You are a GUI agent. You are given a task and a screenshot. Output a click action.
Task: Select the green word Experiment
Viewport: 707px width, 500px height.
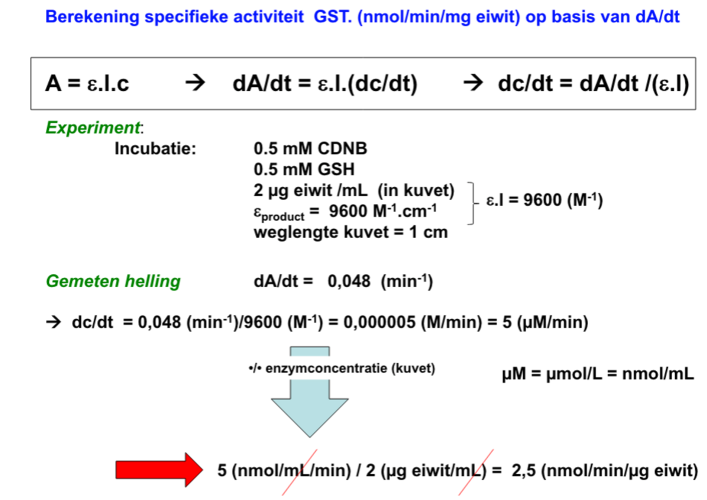pyautogui.click(x=94, y=127)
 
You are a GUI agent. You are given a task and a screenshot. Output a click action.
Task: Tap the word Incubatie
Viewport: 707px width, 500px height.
pyautogui.click(x=155, y=149)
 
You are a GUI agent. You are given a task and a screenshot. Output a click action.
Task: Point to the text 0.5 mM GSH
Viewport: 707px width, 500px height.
pyautogui.click(x=305, y=170)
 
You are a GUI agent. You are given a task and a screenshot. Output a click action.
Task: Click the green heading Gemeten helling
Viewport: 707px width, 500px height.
pyautogui.click(x=113, y=281)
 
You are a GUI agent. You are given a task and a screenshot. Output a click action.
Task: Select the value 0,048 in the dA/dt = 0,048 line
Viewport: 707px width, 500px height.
pyautogui.click(x=348, y=282)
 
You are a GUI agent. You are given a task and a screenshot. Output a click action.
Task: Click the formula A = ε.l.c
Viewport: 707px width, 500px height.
pyautogui.click(x=87, y=84)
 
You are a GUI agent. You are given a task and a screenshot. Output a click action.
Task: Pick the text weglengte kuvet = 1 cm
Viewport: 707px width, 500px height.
pyautogui.click(x=351, y=232)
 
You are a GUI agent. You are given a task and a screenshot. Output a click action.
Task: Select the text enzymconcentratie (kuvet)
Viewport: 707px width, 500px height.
pyautogui.click(x=350, y=370)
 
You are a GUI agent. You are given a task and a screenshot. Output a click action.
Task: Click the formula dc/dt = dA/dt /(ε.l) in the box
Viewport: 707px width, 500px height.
pyautogui.click(x=593, y=84)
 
